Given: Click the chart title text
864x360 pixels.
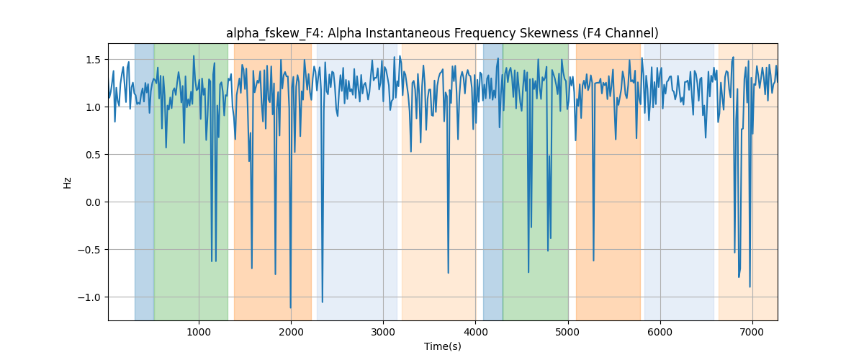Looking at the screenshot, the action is [x=442, y=33].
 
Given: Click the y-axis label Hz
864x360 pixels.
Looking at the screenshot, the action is [x=68, y=182].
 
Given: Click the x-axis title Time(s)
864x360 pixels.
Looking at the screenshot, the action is [x=442, y=346].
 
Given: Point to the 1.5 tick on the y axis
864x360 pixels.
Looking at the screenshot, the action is [x=93, y=60].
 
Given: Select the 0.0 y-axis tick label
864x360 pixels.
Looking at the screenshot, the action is [x=93, y=202].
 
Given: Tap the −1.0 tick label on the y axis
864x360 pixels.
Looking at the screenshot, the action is [x=89, y=297].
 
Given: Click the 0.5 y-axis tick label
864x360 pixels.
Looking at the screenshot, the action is [x=93, y=155].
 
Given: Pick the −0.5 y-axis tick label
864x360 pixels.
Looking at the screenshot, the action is [x=89, y=250].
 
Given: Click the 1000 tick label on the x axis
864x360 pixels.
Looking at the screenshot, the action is [x=199, y=332].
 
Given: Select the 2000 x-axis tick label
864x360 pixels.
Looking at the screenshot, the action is [x=291, y=332].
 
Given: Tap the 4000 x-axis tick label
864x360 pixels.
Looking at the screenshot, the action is [x=476, y=332].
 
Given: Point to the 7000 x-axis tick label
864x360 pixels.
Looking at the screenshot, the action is [x=752, y=332].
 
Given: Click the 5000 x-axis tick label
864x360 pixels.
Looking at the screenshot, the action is [x=568, y=332].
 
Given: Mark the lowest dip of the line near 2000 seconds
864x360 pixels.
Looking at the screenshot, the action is [x=290, y=308].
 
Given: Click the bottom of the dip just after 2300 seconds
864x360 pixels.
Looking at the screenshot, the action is [x=323, y=302].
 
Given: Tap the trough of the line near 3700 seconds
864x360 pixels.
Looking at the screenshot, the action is [x=448, y=273].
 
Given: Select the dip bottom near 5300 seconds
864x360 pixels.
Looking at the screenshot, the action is [x=593, y=261].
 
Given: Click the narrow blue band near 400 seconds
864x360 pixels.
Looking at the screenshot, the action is [x=144, y=181].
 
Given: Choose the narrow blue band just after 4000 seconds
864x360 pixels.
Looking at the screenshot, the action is [x=493, y=181].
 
